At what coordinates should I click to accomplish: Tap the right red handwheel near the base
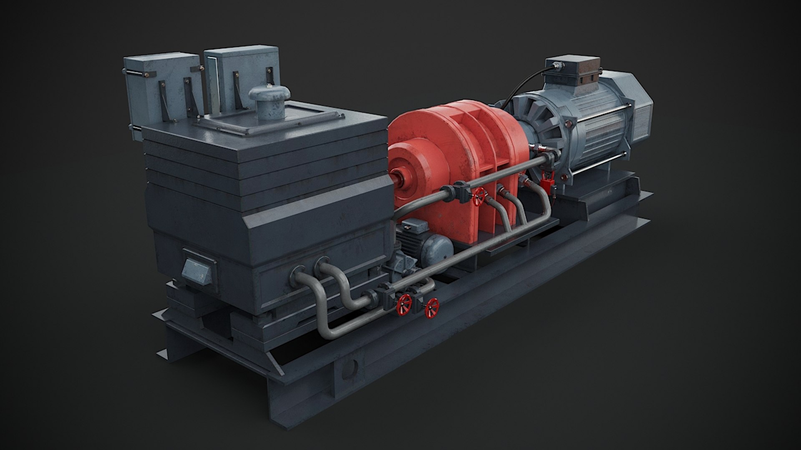[x=431, y=308]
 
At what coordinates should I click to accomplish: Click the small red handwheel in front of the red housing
[x=481, y=195]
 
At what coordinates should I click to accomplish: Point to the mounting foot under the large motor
[x=584, y=204]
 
